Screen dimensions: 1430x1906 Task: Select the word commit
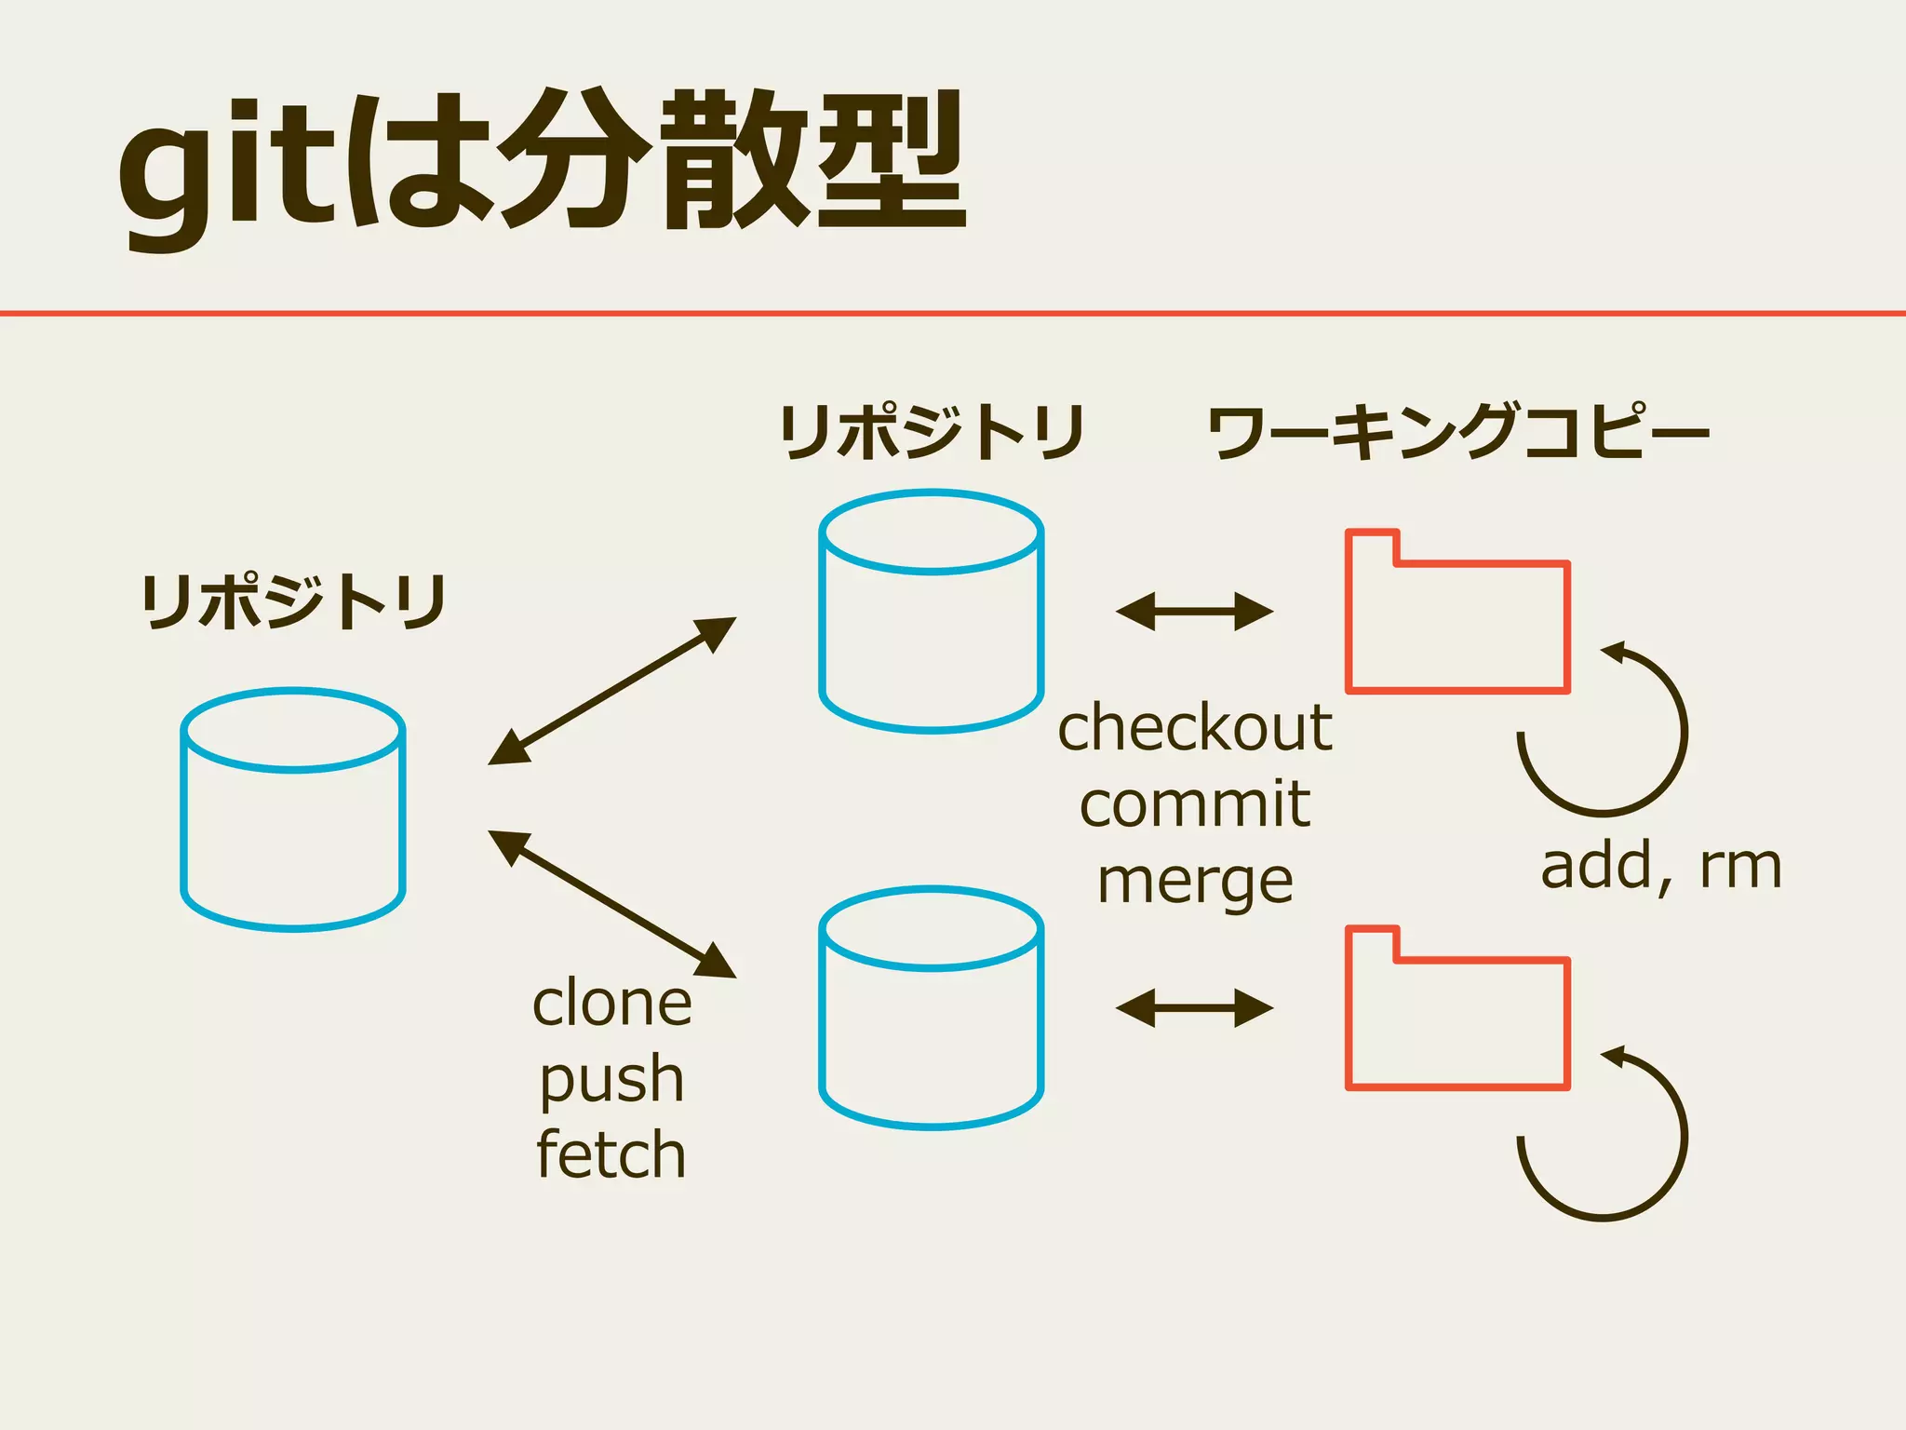coord(1195,804)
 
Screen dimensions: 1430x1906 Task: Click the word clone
coord(612,1004)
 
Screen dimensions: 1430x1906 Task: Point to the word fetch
coord(611,1155)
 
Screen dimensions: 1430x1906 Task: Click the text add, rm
coord(1661,867)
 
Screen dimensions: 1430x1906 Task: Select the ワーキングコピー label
coord(1458,433)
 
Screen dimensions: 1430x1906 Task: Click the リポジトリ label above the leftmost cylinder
coord(294,602)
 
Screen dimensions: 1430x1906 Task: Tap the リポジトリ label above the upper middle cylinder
coord(932,433)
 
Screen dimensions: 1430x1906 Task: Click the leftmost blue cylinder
coord(293,810)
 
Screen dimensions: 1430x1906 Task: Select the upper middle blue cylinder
coord(932,612)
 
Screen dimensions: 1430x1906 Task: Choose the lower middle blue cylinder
coord(932,1008)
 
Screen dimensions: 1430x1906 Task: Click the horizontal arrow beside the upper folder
coord(1194,612)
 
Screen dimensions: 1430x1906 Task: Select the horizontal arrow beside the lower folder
coord(1194,1008)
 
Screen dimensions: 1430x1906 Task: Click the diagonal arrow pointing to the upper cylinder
coord(611,691)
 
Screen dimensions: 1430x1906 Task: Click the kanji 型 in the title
coord(892,160)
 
